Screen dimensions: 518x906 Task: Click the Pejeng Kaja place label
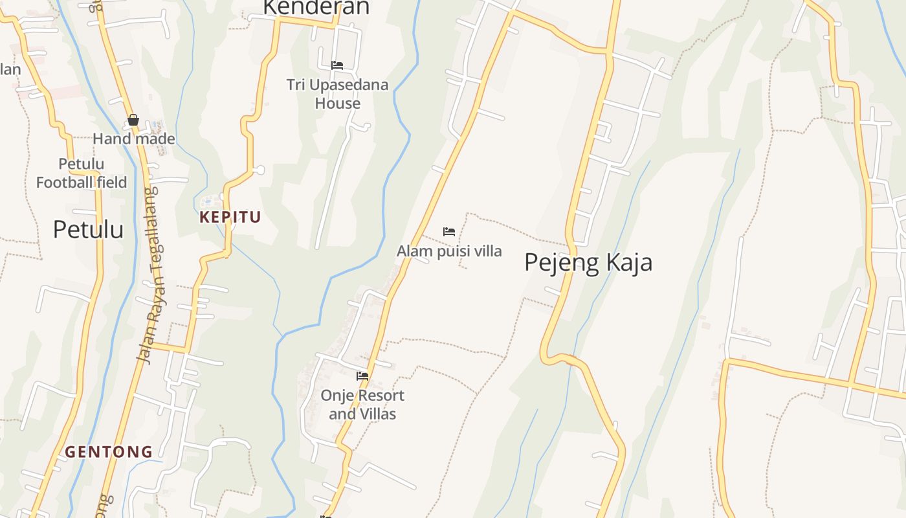(x=588, y=263)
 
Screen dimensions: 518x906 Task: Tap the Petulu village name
(x=88, y=229)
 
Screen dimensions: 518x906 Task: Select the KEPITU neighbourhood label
(x=230, y=218)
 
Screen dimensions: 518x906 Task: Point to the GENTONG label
(x=109, y=452)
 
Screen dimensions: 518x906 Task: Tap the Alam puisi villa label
(x=449, y=251)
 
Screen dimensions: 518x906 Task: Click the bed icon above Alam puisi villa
(x=449, y=231)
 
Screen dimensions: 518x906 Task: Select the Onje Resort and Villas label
(x=362, y=405)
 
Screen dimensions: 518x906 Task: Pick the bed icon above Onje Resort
(x=362, y=376)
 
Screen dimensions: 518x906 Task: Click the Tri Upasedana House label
(x=337, y=94)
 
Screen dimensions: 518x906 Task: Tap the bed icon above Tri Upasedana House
(x=337, y=65)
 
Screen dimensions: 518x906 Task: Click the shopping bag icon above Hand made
(x=133, y=120)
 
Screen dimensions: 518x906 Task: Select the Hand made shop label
(x=134, y=139)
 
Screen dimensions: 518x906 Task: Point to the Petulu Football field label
(x=82, y=174)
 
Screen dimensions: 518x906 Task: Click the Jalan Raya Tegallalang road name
(x=148, y=275)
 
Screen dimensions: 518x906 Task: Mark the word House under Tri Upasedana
(x=337, y=104)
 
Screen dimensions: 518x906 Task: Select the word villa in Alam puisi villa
(x=488, y=251)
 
